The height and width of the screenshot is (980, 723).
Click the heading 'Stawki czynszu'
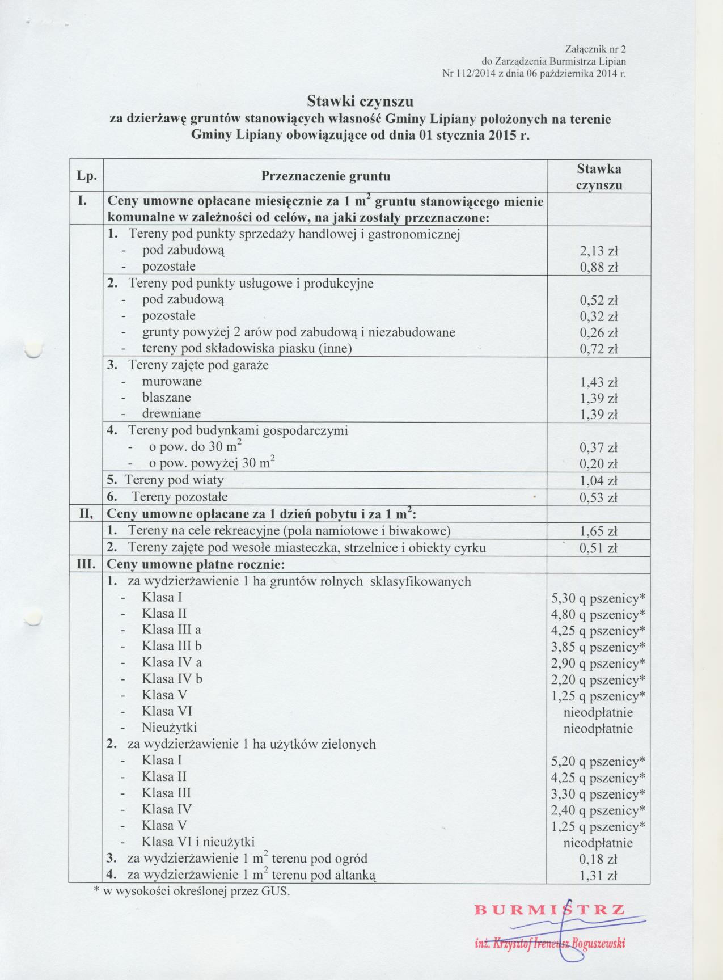[x=360, y=102]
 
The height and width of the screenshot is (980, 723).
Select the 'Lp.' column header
[x=86, y=176]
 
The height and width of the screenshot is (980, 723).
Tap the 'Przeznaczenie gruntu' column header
[x=325, y=176]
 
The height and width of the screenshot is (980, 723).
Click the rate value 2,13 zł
[x=598, y=251]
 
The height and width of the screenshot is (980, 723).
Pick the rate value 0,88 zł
[x=598, y=268]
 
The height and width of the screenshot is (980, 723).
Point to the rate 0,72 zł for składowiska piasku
[x=598, y=349]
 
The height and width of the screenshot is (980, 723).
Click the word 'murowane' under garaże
[x=172, y=381]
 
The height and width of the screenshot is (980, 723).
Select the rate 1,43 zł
[x=598, y=382]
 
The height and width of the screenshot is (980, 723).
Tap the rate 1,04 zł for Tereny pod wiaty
[x=598, y=481]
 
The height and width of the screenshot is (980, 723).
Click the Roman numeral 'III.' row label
[x=86, y=565]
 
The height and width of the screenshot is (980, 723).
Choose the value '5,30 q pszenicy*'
[x=598, y=598]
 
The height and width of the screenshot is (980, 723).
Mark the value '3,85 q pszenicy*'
[x=598, y=647]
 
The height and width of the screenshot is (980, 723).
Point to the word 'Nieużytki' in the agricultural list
[x=170, y=728]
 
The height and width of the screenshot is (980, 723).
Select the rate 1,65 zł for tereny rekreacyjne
[x=598, y=531]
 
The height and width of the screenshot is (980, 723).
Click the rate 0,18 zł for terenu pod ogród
[x=598, y=859]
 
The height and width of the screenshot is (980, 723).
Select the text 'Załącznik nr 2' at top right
[x=596, y=49]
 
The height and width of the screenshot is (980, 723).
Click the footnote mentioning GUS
[x=191, y=891]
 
